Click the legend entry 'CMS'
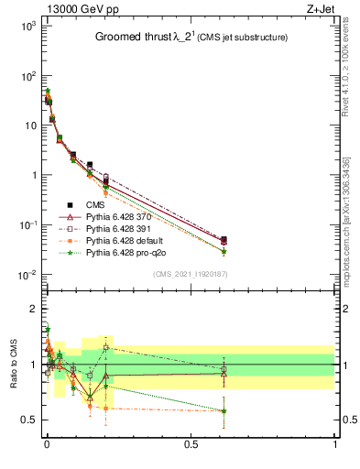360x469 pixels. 95,204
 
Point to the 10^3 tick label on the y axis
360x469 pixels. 27,26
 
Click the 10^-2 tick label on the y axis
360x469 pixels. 27,275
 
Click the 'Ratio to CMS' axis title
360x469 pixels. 13,365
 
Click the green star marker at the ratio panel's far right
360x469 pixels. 224,410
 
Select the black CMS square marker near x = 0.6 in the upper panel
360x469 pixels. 224,240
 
